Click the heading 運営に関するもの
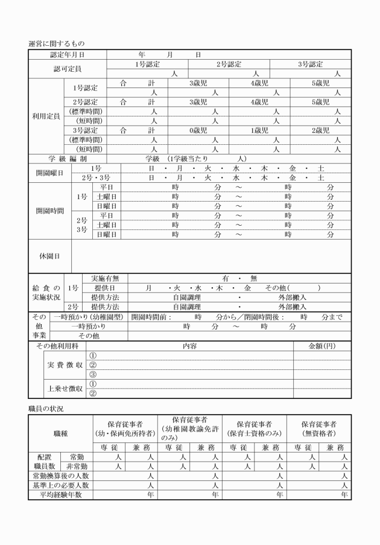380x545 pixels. tap(57, 44)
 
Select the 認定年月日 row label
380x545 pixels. tap(68, 55)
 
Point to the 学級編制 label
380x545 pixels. tap(68, 158)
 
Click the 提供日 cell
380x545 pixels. tap(103, 288)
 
